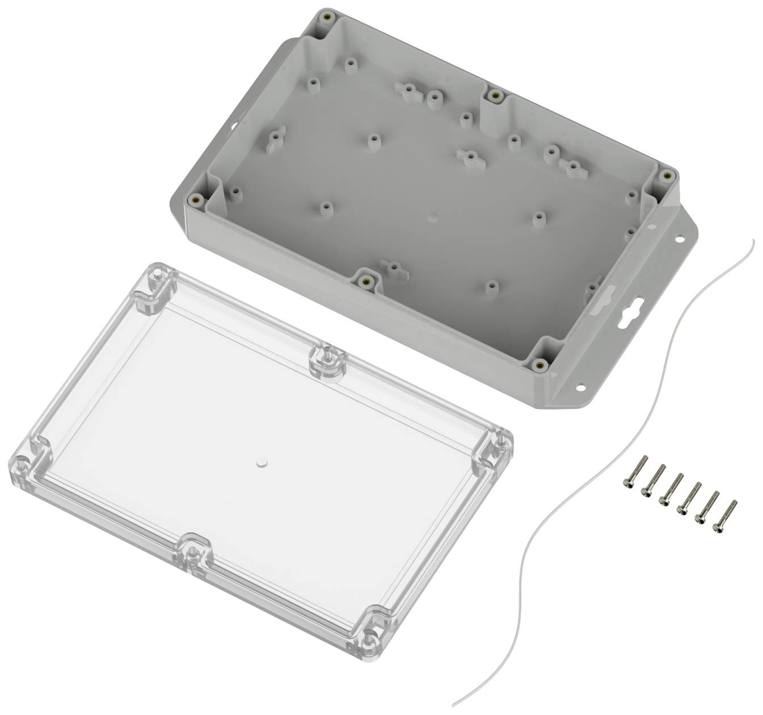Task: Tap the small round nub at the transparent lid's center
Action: [x=262, y=463]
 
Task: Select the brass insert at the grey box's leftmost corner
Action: [x=196, y=199]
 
